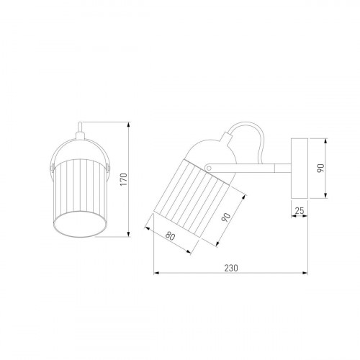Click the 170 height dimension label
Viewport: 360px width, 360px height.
tap(123, 179)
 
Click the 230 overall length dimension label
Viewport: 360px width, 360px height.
tap(231, 268)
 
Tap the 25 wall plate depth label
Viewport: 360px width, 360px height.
tap(300, 210)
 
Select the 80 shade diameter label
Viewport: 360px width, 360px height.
tap(170, 236)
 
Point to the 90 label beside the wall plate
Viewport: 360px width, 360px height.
tap(320, 168)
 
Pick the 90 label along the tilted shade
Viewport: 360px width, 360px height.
tap(226, 217)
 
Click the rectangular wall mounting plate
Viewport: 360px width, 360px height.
tap(300, 168)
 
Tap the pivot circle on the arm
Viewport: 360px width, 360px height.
tap(209, 168)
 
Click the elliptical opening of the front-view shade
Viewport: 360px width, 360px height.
tap(80, 224)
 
